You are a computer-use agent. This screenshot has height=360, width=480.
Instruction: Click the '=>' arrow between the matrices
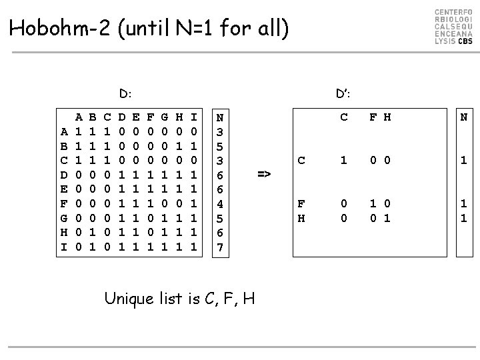coord(264,174)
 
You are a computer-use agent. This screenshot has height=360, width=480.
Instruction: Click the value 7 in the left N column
coord(221,247)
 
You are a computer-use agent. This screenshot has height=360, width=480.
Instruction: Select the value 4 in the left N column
coord(221,203)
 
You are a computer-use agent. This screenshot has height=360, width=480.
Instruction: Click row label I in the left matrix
coord(63,247)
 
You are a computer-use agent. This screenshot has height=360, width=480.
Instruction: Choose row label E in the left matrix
coord(63,189)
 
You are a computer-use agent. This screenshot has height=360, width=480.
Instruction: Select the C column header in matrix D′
coord(344,118)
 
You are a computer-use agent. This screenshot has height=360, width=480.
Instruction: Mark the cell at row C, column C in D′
coord(344,160)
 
